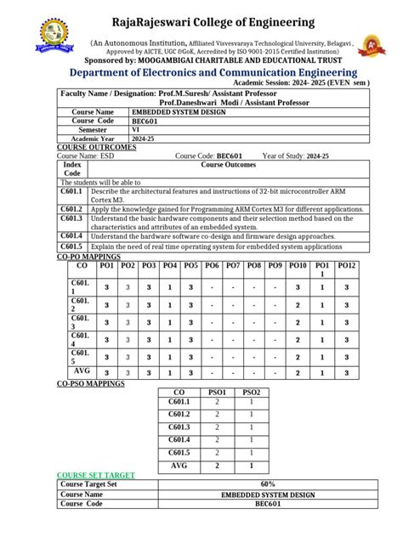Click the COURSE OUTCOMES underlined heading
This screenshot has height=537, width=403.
(96, 147)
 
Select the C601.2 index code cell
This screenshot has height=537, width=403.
(71, 209)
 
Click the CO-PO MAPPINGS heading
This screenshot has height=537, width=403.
(88, 256)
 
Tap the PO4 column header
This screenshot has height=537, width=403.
(169, 266)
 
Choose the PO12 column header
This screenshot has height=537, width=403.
(346, 266)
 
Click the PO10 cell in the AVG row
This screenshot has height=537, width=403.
(298, 372)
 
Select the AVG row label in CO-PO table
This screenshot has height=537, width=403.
(82, 371)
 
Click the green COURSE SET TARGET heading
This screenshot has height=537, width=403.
(94, 475)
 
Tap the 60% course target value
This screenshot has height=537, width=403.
(254, 484)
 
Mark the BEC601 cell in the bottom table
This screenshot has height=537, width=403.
(254, 504)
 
